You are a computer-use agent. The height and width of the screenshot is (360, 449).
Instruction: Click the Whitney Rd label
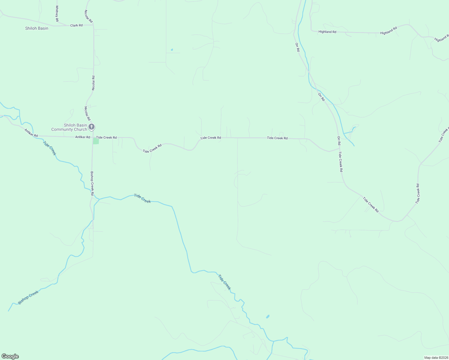point(57,13)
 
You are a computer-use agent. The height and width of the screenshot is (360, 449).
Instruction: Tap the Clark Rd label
point(76,25)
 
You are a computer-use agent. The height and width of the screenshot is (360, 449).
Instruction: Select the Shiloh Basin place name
point(37,28)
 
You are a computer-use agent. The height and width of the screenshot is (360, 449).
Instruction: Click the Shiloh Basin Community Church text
point(69,127)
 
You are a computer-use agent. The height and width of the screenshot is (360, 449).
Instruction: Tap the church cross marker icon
point(92,127)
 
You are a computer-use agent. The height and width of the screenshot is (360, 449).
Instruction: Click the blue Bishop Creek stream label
point(28,297)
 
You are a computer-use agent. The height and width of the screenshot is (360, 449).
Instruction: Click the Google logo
point(10,356)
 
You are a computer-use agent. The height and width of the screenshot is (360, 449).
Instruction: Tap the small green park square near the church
point(96,141)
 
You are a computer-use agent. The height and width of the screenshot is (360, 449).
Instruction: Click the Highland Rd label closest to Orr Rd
point(327,32)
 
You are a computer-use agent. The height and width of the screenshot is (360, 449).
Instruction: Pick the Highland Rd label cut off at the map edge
point(441,38)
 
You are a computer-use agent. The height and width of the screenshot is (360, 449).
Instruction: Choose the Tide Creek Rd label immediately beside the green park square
point(106,137)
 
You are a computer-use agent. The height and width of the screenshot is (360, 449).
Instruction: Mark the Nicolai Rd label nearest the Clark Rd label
point(88,16)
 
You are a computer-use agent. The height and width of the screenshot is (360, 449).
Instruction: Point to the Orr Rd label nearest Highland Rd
point(297,47)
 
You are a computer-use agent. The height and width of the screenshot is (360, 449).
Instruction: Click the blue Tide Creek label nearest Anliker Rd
point(50,148)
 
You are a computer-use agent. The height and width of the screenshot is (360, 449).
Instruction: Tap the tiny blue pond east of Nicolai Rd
point(172,50)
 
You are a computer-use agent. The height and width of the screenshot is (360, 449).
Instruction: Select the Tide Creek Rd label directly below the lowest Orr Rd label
point(341,161)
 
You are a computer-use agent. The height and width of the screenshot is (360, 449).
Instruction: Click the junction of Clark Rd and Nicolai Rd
point(93,25)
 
